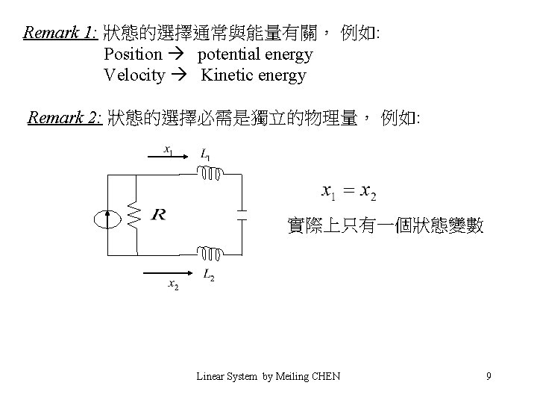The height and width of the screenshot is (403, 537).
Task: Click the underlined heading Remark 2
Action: coord(63,118)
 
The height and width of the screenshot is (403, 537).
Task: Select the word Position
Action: coord(133,54)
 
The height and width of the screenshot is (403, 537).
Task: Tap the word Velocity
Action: coord(134,75)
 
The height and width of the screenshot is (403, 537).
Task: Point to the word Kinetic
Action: coord(228,75)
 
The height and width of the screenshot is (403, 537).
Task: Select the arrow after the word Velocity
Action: coord(181,75)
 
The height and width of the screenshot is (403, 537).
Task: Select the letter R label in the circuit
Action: coord(158,216)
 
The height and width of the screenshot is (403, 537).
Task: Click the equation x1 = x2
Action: coord(349,193)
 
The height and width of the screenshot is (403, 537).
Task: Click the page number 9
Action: coord(489,376)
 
